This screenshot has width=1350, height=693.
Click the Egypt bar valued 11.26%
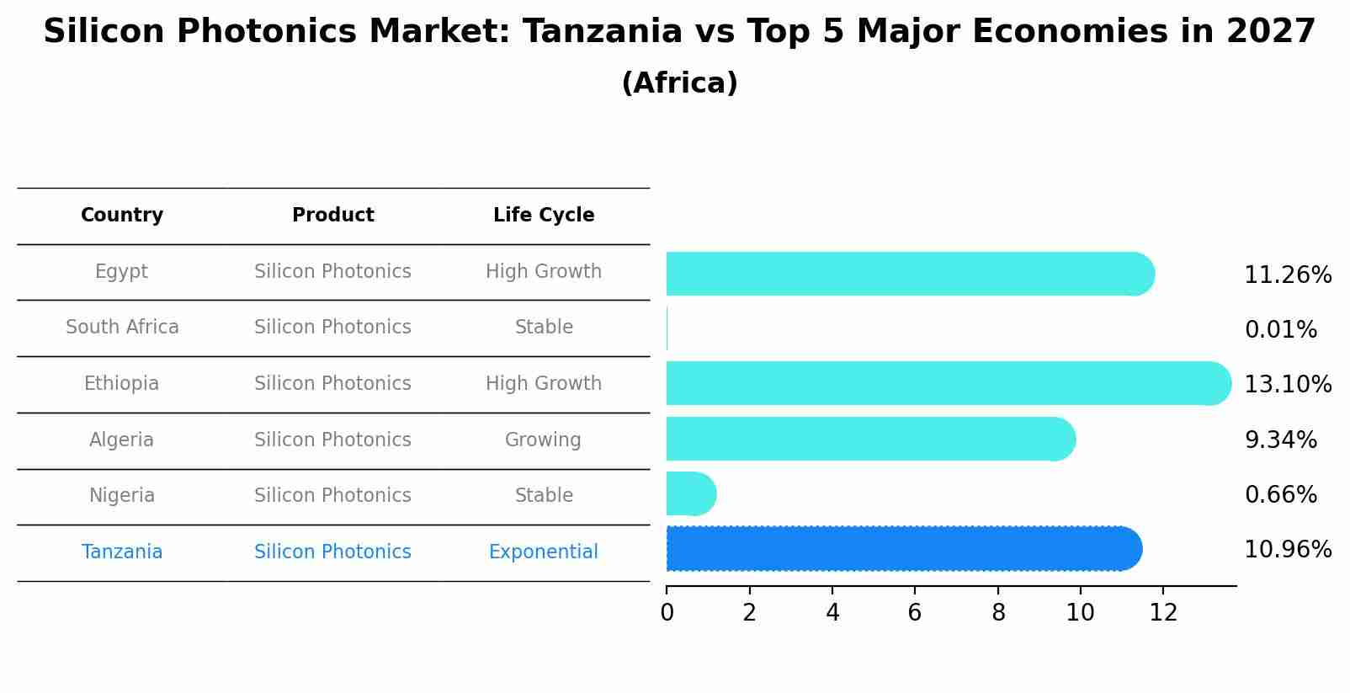coord(909,274)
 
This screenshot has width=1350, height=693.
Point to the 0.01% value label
coord(1280,330)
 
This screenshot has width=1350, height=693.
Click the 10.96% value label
coord(1287,550)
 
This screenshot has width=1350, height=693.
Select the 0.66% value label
coord(1280,495)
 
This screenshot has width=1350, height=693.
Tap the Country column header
coord(122,216)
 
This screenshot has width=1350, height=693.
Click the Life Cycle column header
coord(544,216)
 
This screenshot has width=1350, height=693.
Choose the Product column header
coord(332,216)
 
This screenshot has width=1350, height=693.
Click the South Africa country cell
coord(122,328)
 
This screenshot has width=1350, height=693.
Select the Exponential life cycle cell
coord(543,552)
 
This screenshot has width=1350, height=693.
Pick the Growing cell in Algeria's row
coord(543,440)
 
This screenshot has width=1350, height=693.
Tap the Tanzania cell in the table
coord(122,552)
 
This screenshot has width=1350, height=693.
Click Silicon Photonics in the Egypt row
coord(332,272)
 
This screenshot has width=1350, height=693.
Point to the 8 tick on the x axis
coord(998,613)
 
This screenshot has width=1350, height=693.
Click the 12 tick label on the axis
coord(1163,613)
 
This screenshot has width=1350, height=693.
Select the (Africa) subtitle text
coord(679,83)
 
